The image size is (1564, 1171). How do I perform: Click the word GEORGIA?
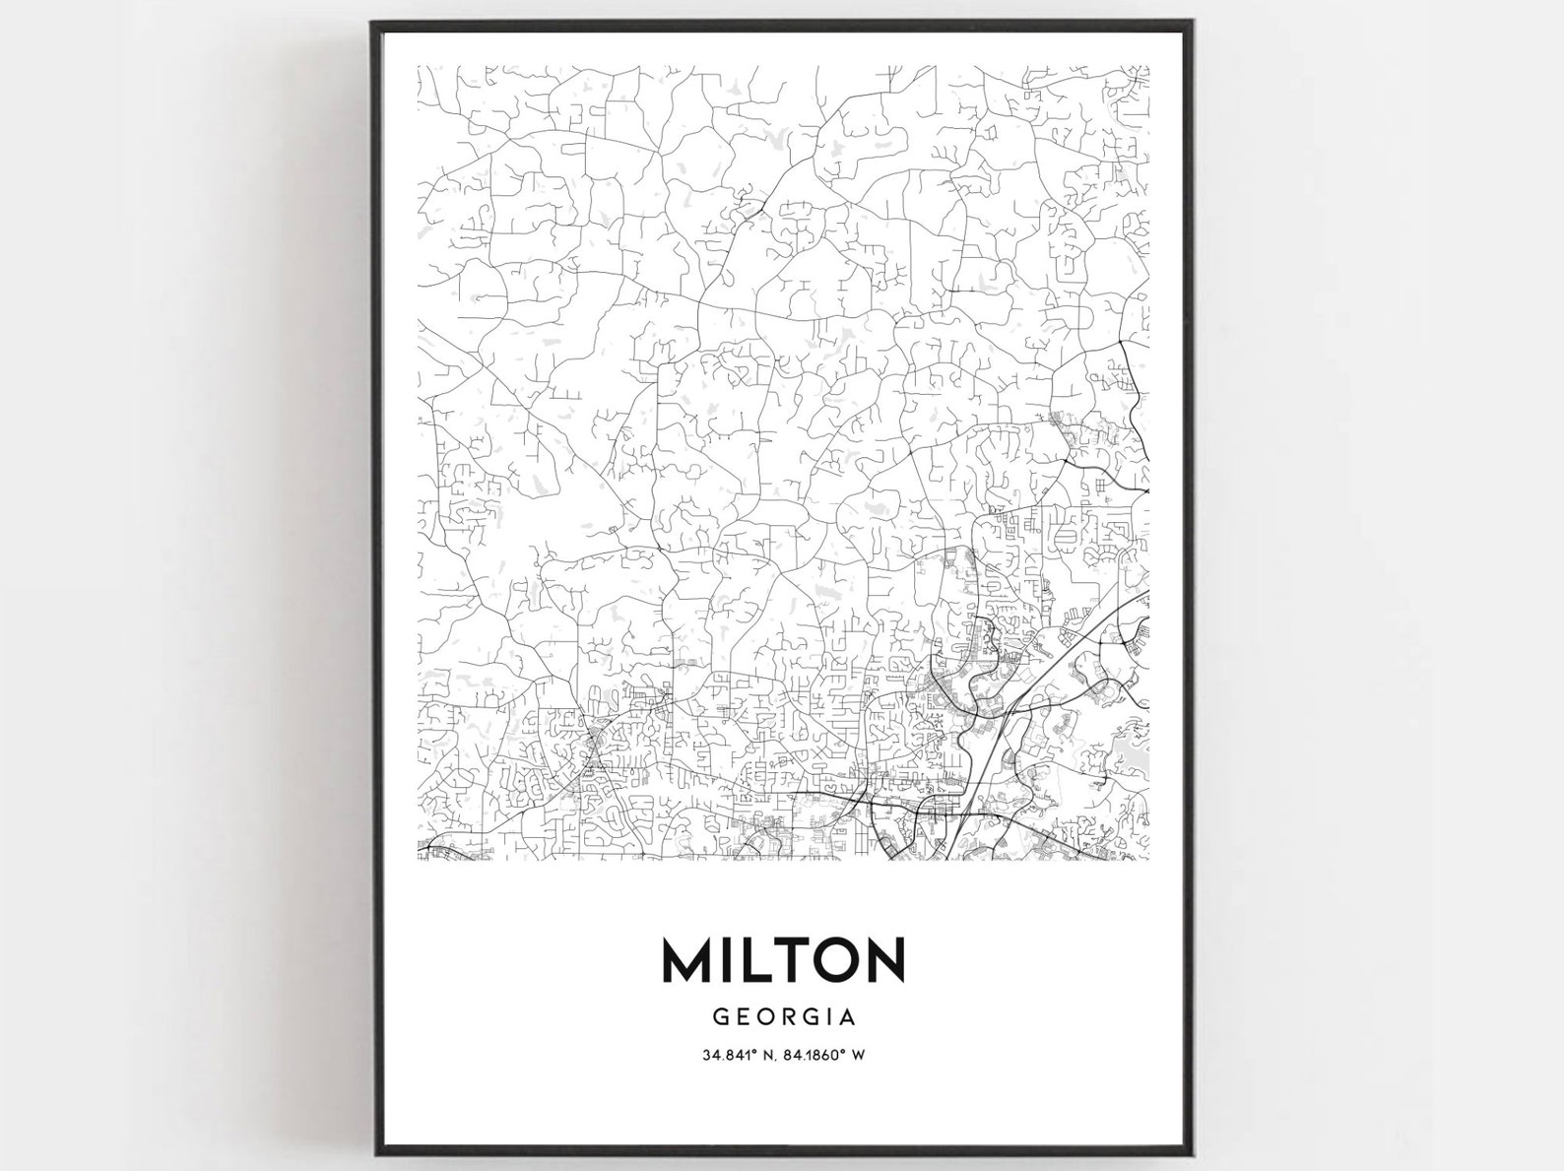tap(783, 1015)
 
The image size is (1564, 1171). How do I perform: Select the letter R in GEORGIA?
tap(784, 1015)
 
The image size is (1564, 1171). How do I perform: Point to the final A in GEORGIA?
tap(847, 1015)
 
